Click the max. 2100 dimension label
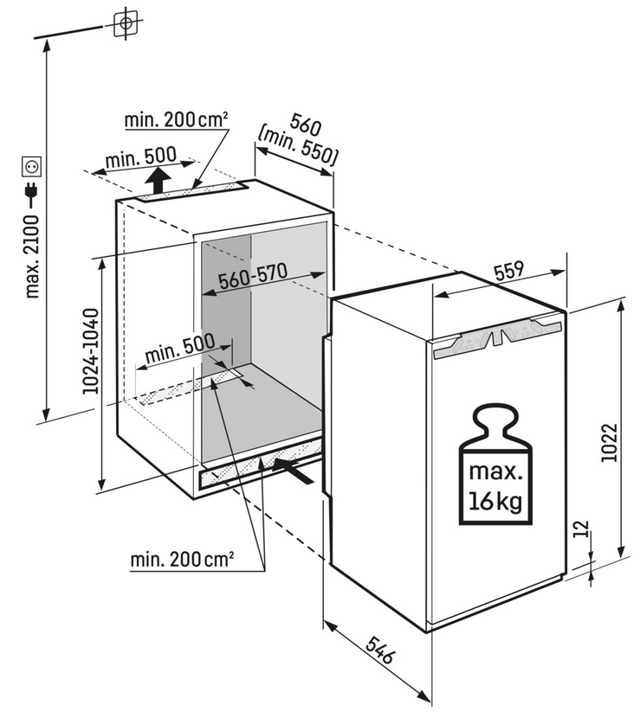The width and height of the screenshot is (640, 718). tap(33, 256)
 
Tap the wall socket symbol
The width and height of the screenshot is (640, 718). tap(32, 167)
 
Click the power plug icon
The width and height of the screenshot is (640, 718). tap(32, 195)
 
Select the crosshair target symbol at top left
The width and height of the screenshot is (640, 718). tap(126, 22)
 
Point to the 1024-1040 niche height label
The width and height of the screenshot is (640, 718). tap(91, 351)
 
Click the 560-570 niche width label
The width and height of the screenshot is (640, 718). tap(253, 276)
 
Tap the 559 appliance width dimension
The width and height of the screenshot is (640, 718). tap(509, 270)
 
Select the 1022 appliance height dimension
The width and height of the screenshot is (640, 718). tap(610, 443)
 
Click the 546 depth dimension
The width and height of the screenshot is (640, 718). tap(379, 650)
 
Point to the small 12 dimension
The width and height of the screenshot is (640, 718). tap(580, 529)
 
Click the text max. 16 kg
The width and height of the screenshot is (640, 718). tap(495, 487)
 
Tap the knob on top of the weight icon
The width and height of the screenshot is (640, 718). tap(495, 421)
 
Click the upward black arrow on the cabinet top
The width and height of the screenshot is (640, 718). tap(158, 181)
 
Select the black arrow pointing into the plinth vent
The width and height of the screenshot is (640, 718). tap(293, 471)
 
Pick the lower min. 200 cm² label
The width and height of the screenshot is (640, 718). tap(183, 559)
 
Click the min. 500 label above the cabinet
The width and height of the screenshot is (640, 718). tap(141, 157)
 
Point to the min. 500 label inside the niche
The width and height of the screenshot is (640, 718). tap(180, 348)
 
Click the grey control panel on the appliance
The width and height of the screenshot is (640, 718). tap(497, 337)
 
